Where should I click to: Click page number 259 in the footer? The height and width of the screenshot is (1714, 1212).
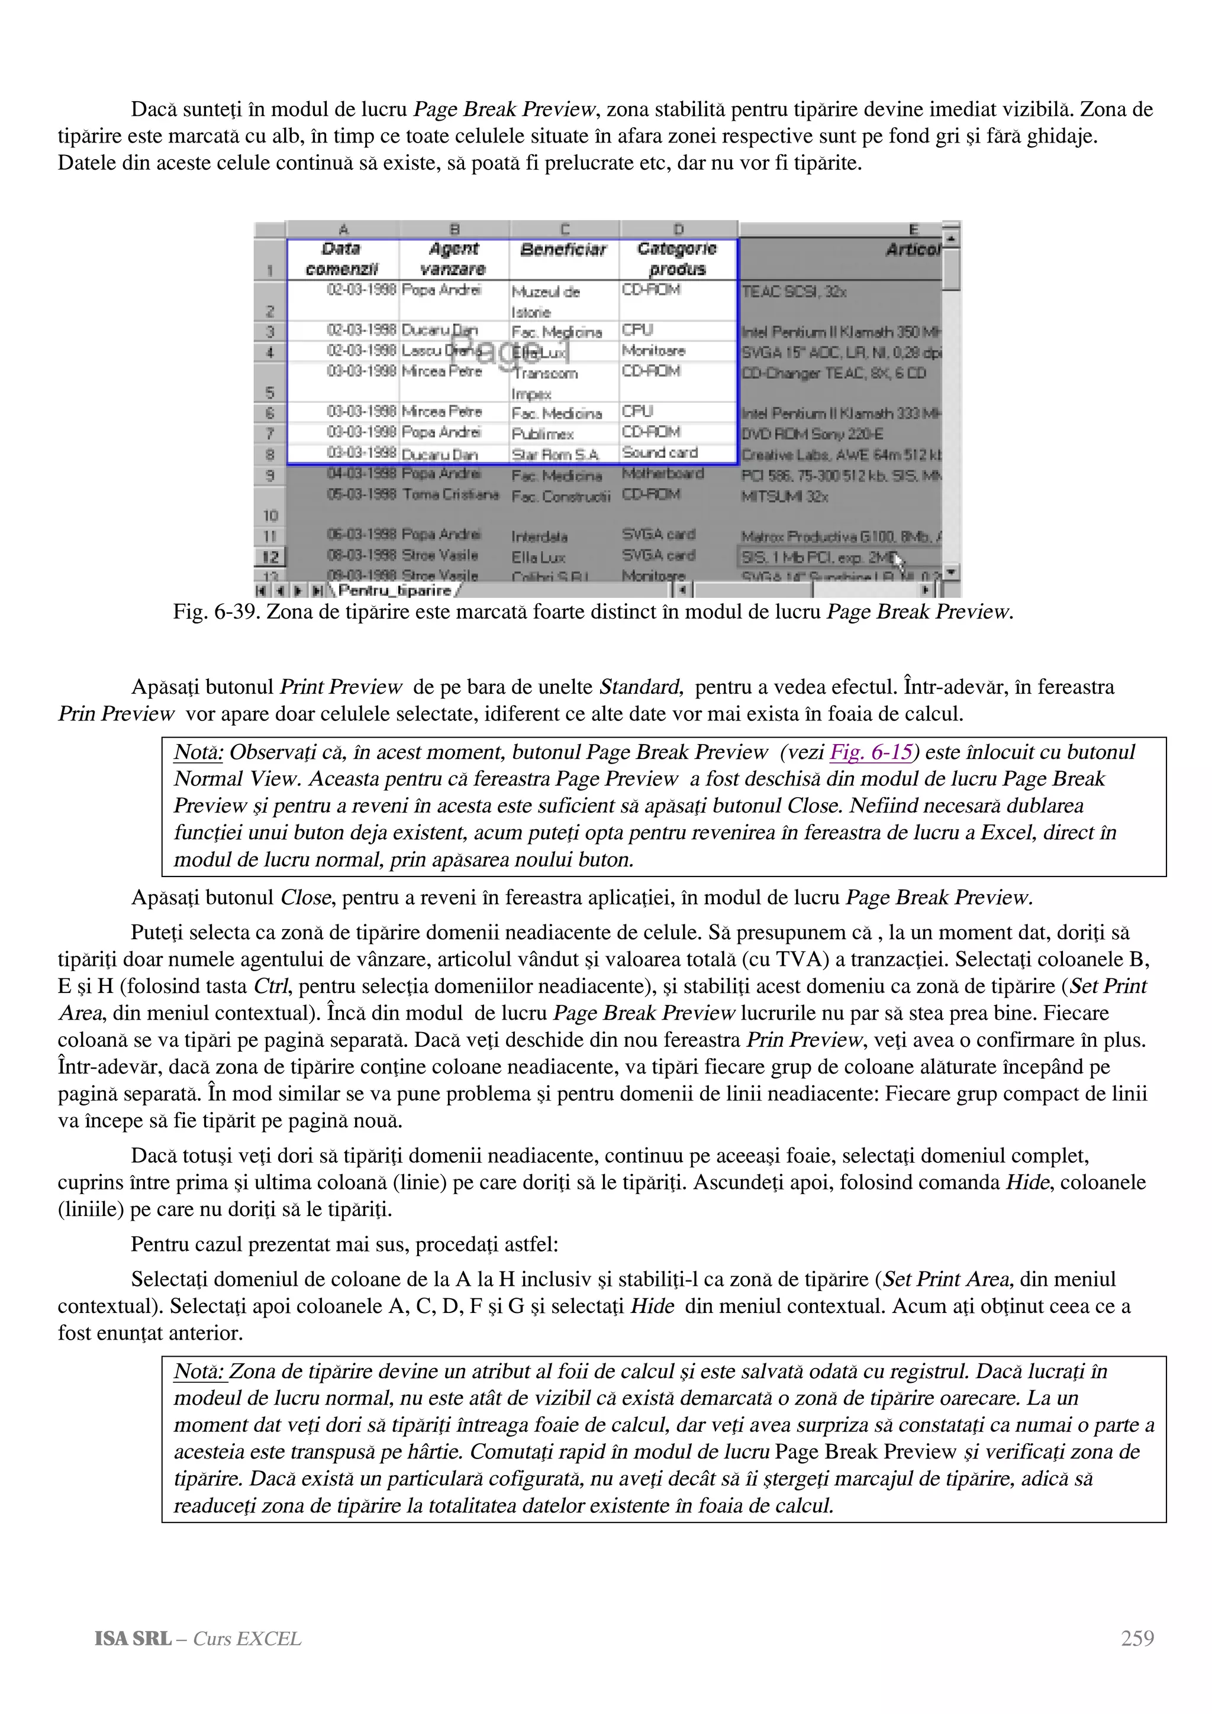[1137, 1638]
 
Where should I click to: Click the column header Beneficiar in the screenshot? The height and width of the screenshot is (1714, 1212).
[564, 250]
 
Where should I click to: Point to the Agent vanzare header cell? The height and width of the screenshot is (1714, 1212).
[454, 258]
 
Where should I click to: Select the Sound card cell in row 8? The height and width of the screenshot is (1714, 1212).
[659, 452]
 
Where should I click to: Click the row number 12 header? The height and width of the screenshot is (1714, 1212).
[270, 557]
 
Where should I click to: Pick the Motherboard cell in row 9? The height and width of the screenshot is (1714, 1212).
[662, 473]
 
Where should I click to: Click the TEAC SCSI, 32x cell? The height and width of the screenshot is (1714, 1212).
[794, 292]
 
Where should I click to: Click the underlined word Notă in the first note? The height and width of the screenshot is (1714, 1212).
[198, 752]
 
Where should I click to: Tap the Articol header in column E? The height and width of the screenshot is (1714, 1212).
[913, 250]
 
